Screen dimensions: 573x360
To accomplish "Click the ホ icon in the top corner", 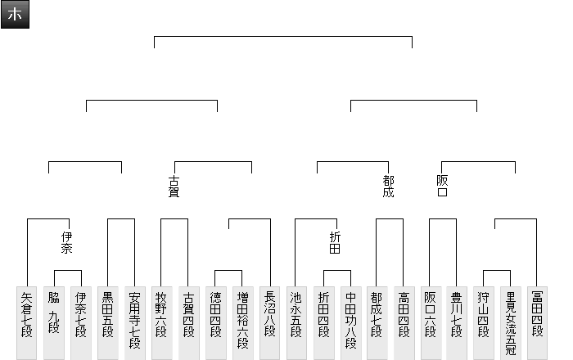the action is (x=15, y=15).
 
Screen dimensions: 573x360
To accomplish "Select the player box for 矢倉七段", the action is (x=27, y=322).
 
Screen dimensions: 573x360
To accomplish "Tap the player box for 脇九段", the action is (x=54, y=322).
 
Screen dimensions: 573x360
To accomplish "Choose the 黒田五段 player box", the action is (x=108, y=322).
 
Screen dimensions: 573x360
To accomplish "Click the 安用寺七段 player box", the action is (x=135, y=322).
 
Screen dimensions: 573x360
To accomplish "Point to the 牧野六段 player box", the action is (x=161, y=322).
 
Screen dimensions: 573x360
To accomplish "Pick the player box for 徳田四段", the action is (x=215, y=322).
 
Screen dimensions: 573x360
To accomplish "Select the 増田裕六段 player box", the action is (x=242, y=322).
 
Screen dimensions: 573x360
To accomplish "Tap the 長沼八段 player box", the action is (x=269, y=322).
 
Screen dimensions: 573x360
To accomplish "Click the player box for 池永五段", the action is (x=296, y=322).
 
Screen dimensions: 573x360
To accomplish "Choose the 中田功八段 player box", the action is (x=350, y=322).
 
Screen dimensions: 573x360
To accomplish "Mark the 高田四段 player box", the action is (x=404, y=322).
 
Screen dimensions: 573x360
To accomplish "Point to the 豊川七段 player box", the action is (x=457, y=322).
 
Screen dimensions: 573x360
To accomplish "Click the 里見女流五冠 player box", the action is (x=511, y=322).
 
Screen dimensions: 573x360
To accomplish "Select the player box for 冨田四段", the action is (x=538, y=322).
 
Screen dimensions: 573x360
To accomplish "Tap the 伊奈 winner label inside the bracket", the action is (x=67, y=242).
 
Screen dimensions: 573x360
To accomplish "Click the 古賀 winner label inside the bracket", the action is (x=174, y=187).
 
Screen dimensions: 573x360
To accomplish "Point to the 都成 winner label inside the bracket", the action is (x=388, y=187).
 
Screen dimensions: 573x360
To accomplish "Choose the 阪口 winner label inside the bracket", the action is (x=442, y=187).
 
